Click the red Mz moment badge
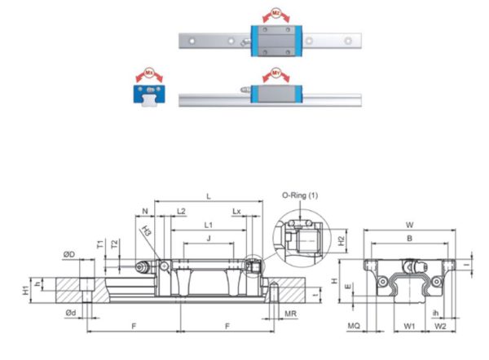[x=277, y=14]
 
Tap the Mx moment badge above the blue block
[x=148, y=73]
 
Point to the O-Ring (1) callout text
[x=300, y=195]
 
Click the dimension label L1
[x=208, y=224]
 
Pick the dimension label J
[x=208, y=238]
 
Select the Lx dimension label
[x=236, y=211]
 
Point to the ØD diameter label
[x=69, y=256]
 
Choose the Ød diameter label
[x=71, y=313]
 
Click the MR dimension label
[x=290, y=313]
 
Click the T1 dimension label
[x=99, y=244]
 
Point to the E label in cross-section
[x=349, y=287]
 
